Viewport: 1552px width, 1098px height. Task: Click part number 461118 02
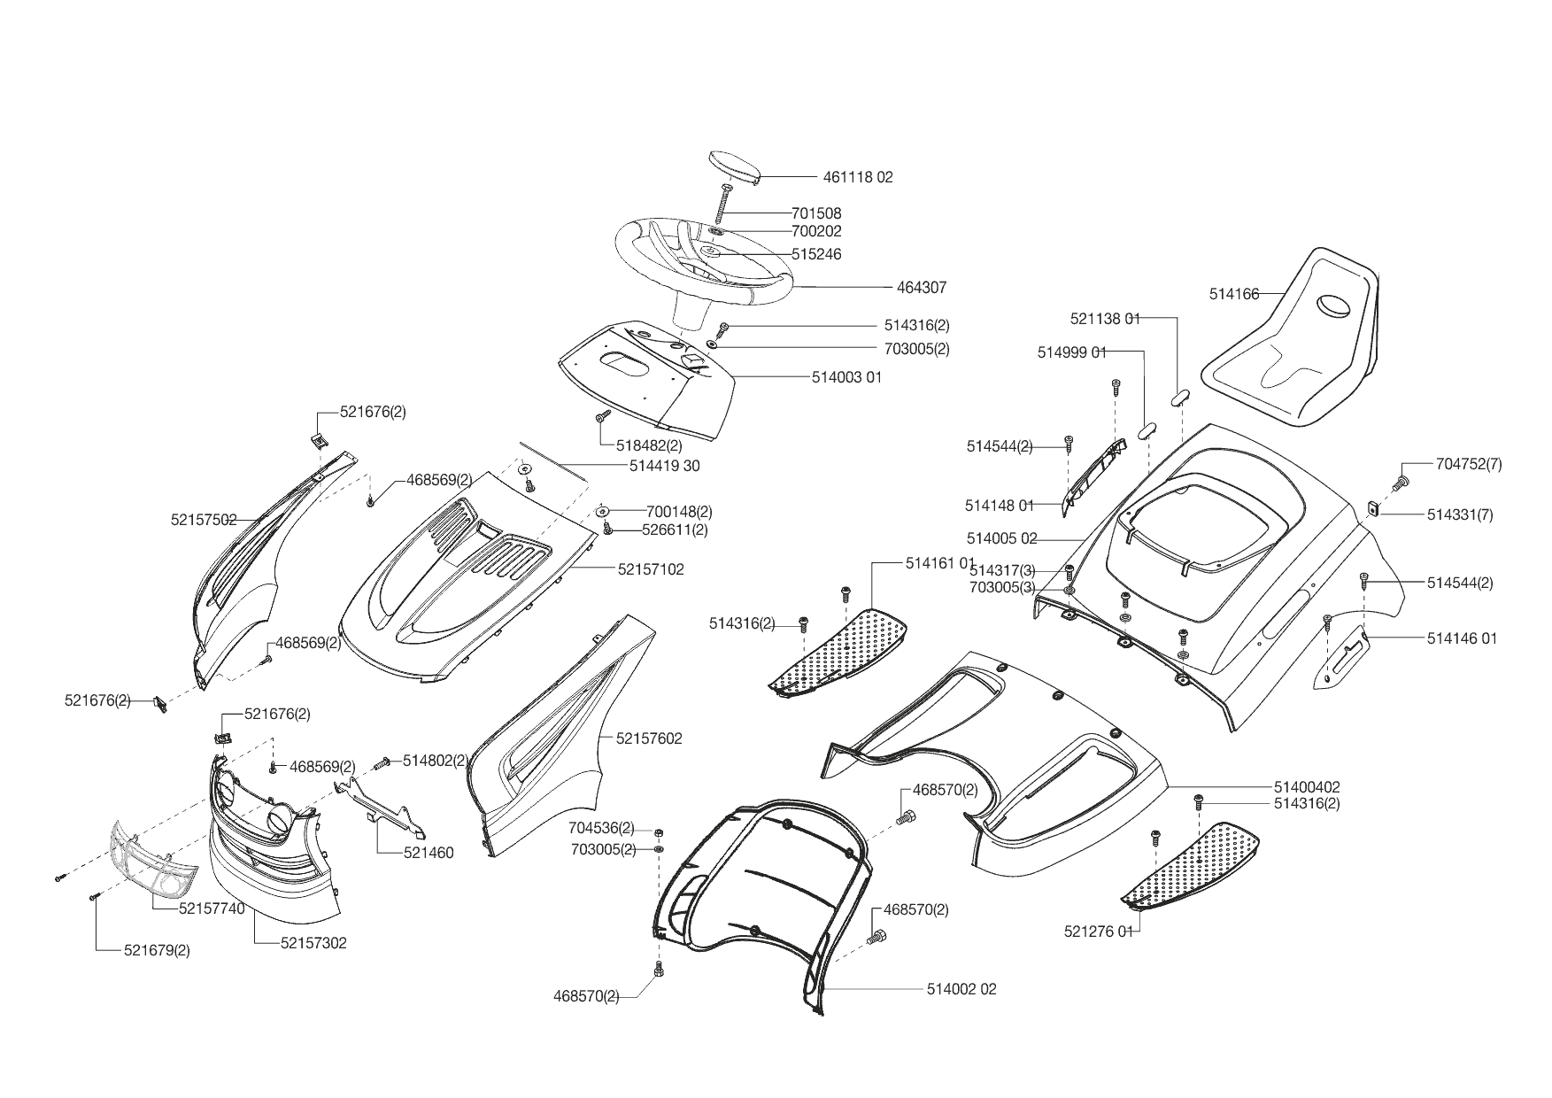858,177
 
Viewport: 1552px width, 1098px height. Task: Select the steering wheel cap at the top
734,167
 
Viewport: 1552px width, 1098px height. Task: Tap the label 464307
921,288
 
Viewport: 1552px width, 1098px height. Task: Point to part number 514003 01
846,377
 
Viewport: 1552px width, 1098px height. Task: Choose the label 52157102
651,569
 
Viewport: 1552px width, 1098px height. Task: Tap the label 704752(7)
1469,464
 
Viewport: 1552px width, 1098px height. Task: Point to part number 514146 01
1462,638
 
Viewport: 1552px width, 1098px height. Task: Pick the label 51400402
1307,787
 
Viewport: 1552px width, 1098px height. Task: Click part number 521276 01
1099,932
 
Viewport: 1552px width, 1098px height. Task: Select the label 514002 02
961,989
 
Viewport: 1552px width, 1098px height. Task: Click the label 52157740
212,909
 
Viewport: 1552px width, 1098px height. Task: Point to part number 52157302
313,944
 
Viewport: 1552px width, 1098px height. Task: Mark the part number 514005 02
1001,538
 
